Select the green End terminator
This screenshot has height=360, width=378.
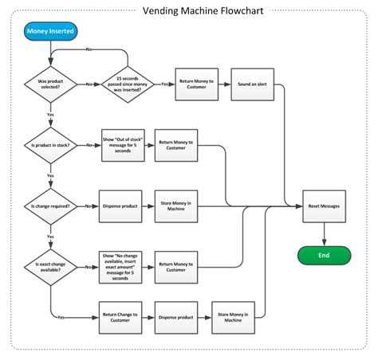pyautogui.click(x=325, y=256)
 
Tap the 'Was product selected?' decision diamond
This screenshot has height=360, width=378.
pyautogui.click(x=50, y=83)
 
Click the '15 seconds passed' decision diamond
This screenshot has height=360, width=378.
pyautogui.click(x=128, y=83)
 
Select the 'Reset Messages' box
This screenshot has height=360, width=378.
pyautogui.click(x=325, y=205)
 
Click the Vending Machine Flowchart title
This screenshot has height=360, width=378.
pyautogui.click(x=187, y=11)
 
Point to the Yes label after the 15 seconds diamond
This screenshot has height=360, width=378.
pyautogui.click(x=164, y=83)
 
